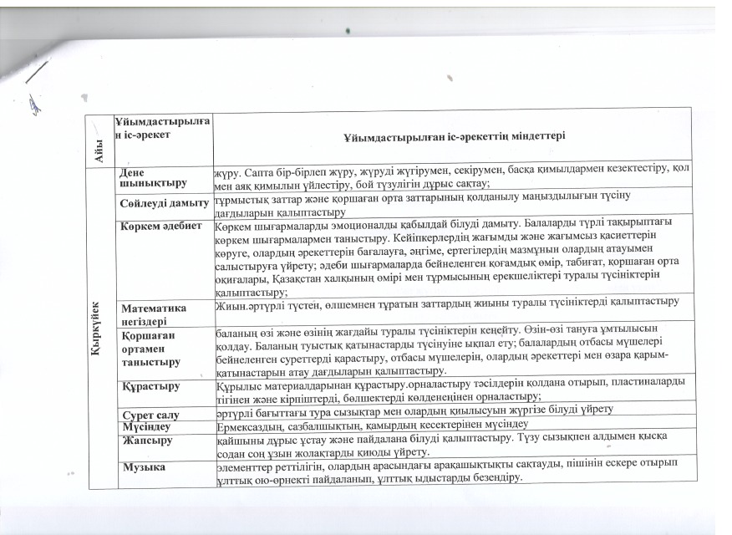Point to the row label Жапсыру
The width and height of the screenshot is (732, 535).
pos(147,439)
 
